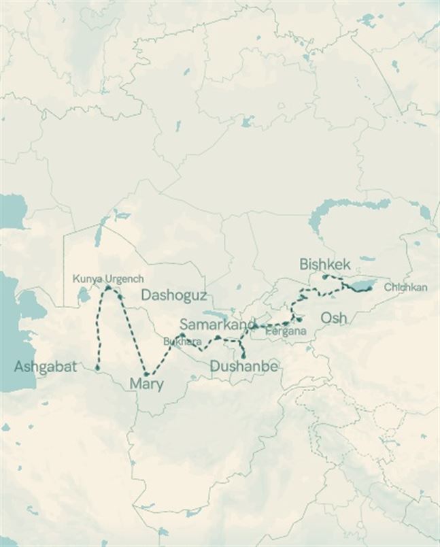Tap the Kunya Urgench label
click(108, 279)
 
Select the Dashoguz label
click(173, 295)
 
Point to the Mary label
click(146, 384)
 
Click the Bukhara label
click(182, 342)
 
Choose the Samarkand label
click(218, 324)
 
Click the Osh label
click(333, 318)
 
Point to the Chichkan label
click(406, 287)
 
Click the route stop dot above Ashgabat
click(97, 367)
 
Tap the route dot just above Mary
click(146, 374)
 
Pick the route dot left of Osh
click(299, 318)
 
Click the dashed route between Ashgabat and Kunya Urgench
click(99, 327)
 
